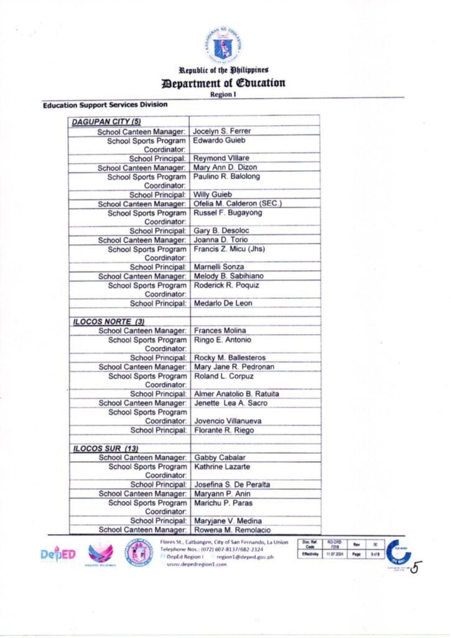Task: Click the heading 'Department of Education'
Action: (223, 83)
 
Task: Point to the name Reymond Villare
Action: (221, 159)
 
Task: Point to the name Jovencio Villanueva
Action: (229, 421)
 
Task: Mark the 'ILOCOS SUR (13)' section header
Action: (105, 448)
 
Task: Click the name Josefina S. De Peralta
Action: (231, 484)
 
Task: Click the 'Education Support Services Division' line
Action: (105, 105)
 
